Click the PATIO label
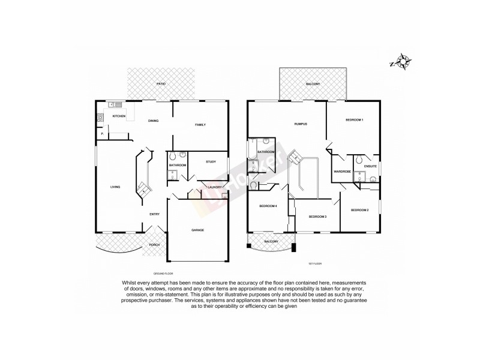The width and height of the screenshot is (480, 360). [x=160, y=84]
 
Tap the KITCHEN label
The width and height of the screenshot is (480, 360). [x=119, y=116]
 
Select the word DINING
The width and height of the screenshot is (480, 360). [x=154, y=121]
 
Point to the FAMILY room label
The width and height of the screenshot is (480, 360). [x=200, y=125]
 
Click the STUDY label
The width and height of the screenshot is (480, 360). [x=211, y=162]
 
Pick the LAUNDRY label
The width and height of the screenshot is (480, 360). [x=215, y=187]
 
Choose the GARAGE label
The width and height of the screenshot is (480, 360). [x=198, y=230]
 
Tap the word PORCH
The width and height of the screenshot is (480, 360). [x=154, y=245]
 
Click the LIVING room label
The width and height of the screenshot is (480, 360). [x=115, y=187]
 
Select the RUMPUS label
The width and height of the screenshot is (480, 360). [x=301, y=124]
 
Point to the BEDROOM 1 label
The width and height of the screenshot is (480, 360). [x=355, y=121]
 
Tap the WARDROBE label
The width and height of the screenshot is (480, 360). [x=342, y=172]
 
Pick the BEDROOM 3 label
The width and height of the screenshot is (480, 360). [x=317, y=217]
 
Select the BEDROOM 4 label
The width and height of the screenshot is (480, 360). [x=268, y=206]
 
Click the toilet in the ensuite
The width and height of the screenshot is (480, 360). [x=357, y=160]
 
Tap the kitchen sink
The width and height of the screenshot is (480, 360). [x=112, y=105]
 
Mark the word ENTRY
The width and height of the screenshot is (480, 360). [x=154, y=214]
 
